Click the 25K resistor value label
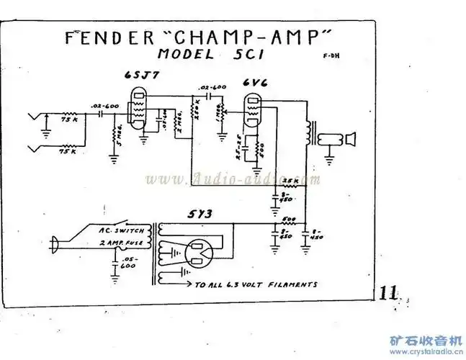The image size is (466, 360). pyautogui.click(x=289, y=179)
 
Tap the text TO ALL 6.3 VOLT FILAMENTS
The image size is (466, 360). pyautogui.click(x=256, y=284)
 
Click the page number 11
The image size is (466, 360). pyautogui.click(x=388, y=292)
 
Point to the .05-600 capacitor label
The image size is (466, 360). pyautogui.click(x=129, y=263)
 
